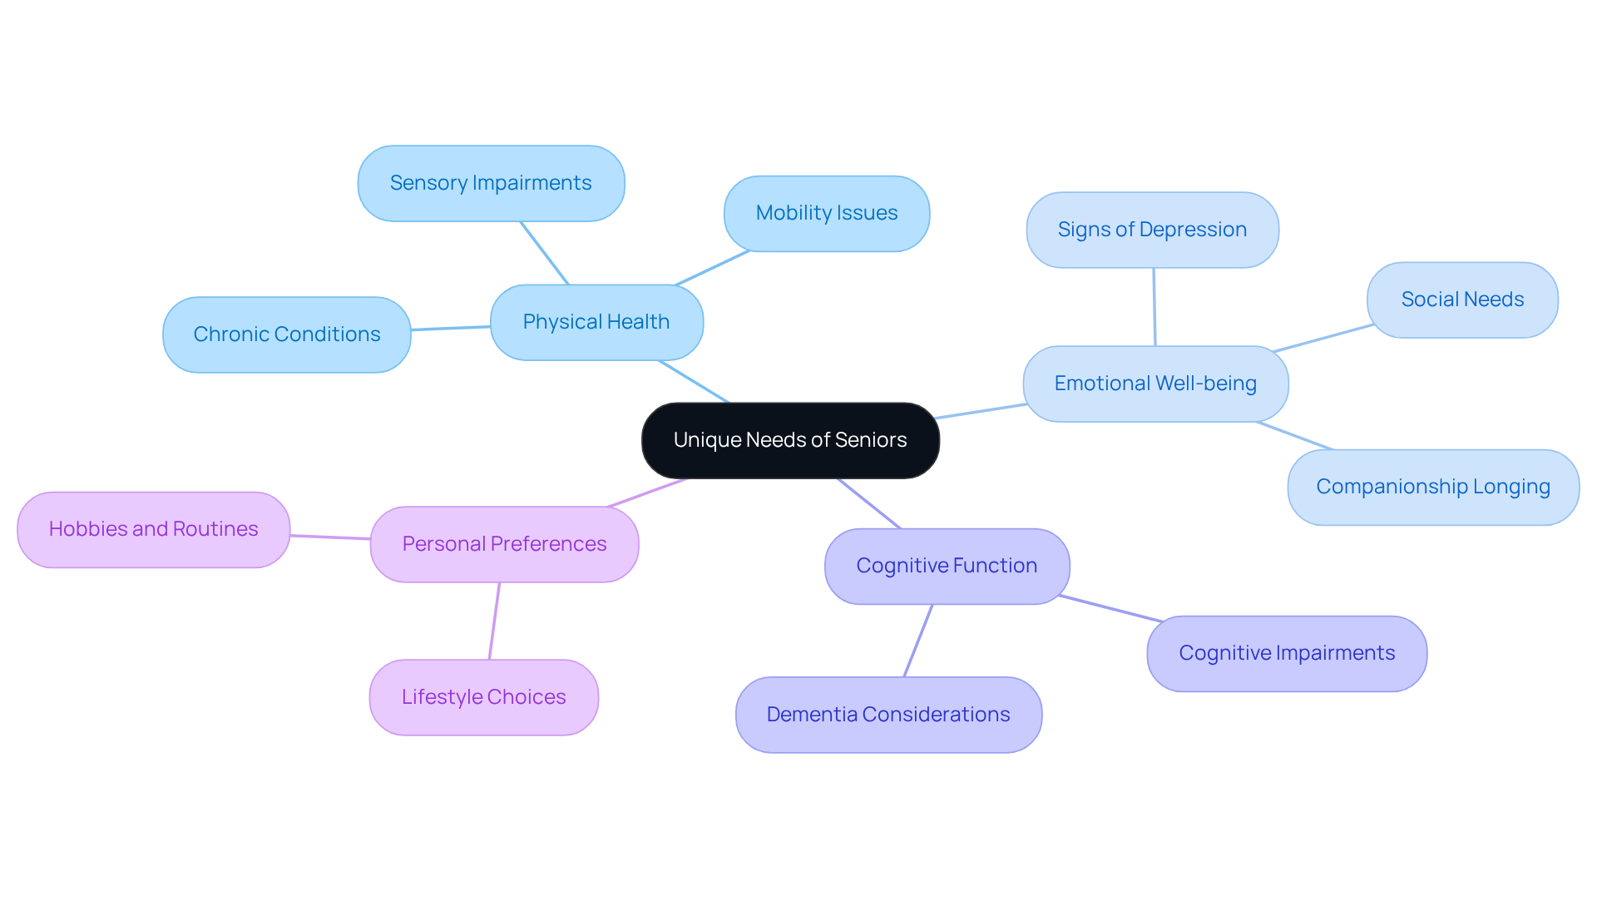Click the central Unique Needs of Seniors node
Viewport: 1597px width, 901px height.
(x=790, y=440)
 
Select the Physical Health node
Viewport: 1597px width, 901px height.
(x=596, y=322)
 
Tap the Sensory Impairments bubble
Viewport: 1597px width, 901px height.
(x=491, y=183)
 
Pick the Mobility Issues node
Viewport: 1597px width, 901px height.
(x=827, y=213)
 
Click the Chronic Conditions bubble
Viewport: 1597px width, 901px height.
(x=287, y=334)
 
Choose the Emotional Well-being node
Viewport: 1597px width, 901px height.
(x=1155, y=384)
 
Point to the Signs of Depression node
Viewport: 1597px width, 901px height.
(x=1152, y=230)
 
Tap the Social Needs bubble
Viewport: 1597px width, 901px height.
(x=1462, y=300)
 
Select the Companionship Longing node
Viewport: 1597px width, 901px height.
(x=1433, y=487)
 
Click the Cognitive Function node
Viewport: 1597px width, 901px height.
(x=947, y=566)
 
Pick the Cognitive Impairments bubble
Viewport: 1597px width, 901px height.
(x=1287, y=653)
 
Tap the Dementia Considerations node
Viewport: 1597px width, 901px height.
(x=888, y=715)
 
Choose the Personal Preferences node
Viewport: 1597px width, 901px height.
(x=504, y=544)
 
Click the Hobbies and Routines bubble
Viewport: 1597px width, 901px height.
(x=154, y=529)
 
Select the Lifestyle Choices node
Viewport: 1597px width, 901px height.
(x=483, y=697)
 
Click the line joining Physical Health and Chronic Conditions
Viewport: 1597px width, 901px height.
(x=451, y=329)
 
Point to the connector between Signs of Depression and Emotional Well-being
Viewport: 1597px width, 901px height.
(x=1154, y=307)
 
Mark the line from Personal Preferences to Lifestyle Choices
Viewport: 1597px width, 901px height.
(x=494, y=621)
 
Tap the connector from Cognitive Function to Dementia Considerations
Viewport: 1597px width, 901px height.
(x=918, y=641)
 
